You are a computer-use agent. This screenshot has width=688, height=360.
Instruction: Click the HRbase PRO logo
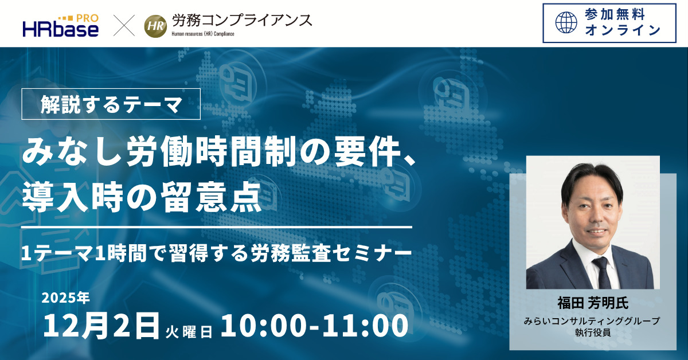(x=60, y=25)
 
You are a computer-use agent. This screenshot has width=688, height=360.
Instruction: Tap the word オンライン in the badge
(x=623, y=30)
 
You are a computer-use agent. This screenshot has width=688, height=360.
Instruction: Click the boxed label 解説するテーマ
(x=111, y=104)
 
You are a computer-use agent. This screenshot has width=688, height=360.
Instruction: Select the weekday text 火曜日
(x=189, y=331)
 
